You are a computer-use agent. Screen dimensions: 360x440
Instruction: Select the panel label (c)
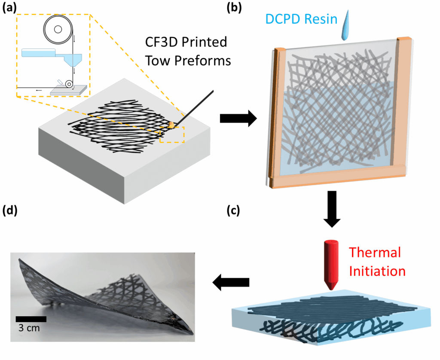[x=235, y=211]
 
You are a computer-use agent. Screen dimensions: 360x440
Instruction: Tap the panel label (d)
[x=9, y=211]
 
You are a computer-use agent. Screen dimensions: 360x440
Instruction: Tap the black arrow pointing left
[x=231, y=282]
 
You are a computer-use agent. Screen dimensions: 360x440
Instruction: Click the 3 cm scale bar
[x=31, y=319]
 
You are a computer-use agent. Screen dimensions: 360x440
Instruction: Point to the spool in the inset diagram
[x=58, y=30]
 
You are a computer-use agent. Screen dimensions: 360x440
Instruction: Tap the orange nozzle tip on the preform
[x=171, y=125]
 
